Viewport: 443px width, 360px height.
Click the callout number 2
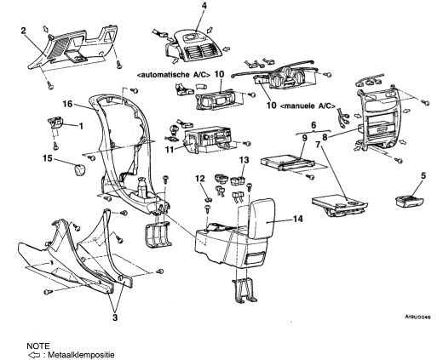tap(24, 31)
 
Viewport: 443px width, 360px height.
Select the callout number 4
tap(204, 6)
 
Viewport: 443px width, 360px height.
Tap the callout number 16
tap(67, 104)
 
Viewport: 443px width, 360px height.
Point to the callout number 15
tap(48, 158)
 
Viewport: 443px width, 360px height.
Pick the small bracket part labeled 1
tap(55, 123)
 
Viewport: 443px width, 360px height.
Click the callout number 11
tap(170, 150)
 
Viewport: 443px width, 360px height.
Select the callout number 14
tap(298, 219)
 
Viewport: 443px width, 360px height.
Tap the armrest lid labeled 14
tap(262, 217)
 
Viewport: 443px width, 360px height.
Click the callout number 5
tap(423, 175)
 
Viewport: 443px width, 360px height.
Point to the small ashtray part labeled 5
tap(410, 201)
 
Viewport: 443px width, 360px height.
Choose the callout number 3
tap(115, 317)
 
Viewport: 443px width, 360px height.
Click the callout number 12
tap(200, 179)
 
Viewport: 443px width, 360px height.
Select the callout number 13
tap(245, 160)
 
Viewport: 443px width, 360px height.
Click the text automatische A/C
tap(174, 75)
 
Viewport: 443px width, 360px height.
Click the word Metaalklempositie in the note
tap(81, 355)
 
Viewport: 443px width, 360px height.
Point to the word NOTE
tap(38, 346)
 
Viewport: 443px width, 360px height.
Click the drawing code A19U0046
tap(417, 317)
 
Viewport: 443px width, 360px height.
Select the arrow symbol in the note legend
tap(34, 355)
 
